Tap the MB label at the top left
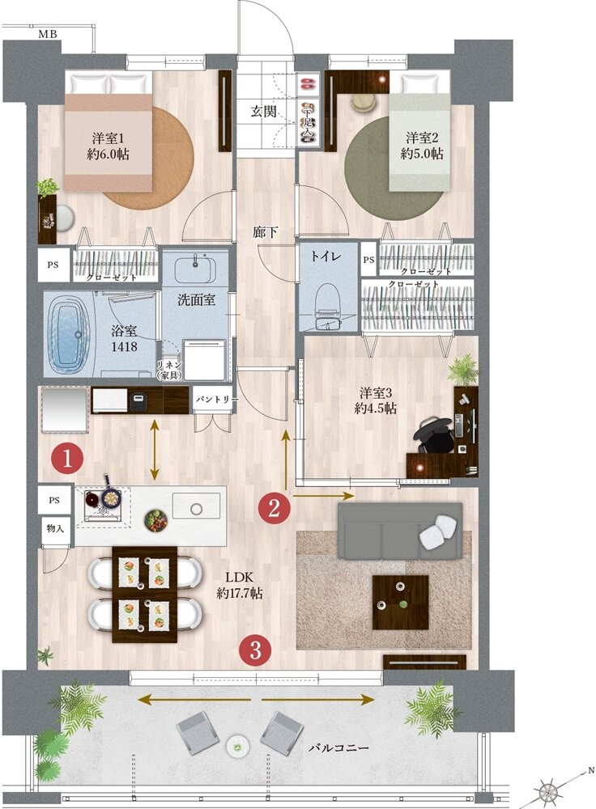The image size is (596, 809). pos(48,34)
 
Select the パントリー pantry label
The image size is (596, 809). pos(213,398)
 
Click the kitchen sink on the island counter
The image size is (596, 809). pos(195,508)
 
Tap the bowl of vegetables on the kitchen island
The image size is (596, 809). pos(155,519)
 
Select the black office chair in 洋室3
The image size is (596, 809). pos(436,435)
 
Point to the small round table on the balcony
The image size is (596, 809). pos(238,743)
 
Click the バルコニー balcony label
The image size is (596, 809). pos(338,748)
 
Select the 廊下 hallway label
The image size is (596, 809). pos(266,232)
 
